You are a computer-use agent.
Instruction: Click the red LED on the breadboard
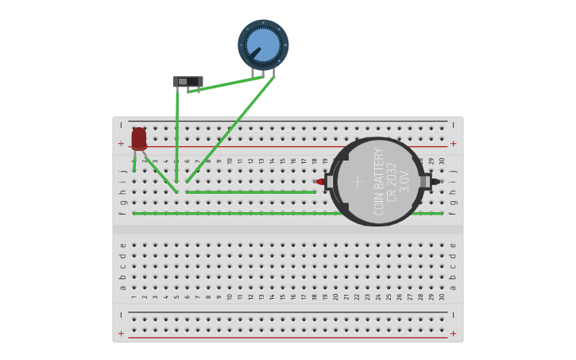(139, 138)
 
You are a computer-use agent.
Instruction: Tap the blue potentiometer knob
(263, 45)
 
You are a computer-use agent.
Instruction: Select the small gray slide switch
(187, 81)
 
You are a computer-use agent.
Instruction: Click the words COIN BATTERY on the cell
(379, 181)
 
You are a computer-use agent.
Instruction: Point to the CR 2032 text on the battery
(392, 181)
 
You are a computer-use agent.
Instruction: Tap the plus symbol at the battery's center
(358, 181)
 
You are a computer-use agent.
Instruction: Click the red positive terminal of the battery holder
(320, 182)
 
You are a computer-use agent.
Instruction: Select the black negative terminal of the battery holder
(435, 181)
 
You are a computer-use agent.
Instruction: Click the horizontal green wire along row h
(250, 192)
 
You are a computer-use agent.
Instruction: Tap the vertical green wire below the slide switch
(177, 135)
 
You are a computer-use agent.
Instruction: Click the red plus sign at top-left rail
(121, 144)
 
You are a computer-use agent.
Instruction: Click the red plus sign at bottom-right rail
(453, 334)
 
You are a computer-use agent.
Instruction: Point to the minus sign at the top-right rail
(453, 125)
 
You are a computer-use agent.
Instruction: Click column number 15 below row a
(282, 296)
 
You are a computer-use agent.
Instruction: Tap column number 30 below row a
(443, 296)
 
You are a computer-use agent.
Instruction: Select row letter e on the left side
(122, 246)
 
